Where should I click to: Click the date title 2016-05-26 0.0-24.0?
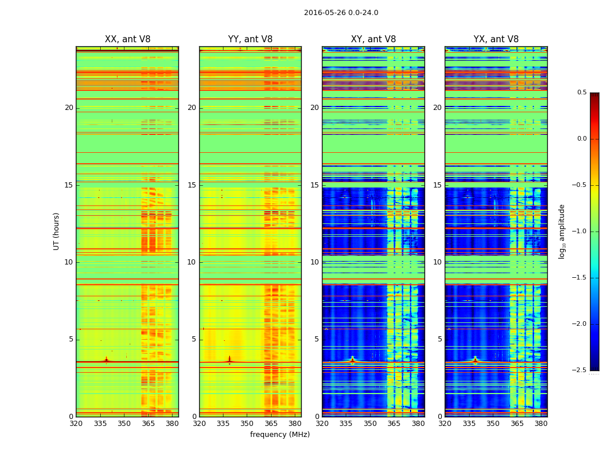341,13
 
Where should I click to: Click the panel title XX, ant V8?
127,39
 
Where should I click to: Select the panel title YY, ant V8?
250,39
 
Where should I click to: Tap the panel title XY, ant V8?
373,39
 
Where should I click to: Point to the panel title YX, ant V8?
496,39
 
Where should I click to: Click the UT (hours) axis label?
56,231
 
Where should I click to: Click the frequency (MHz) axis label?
280,435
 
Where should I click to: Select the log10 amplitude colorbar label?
561,231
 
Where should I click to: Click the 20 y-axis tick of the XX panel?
69,108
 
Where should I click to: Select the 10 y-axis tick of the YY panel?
192,262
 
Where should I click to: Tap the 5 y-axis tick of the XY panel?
316,339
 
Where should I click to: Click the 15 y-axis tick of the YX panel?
437,185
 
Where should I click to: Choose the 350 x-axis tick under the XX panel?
124,423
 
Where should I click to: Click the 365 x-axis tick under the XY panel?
394,423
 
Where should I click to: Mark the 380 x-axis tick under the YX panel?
541,423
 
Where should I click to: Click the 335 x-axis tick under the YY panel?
223,423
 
